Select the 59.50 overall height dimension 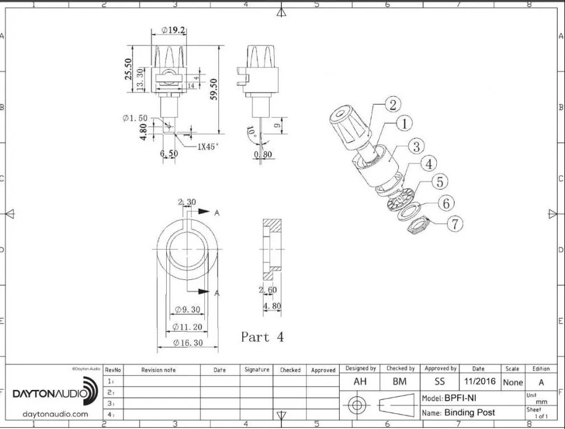(x=214, y=88)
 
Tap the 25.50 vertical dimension (x=128, y=70)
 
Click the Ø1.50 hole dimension (x=135, y=118)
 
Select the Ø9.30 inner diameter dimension (x=188, y=309)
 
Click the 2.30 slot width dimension (x=187, y=202)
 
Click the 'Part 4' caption (x=262, y=337)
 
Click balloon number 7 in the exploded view (x=455, y=224)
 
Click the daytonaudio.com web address (x=55, y=414)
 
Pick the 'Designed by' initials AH (x=360, y=382)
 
